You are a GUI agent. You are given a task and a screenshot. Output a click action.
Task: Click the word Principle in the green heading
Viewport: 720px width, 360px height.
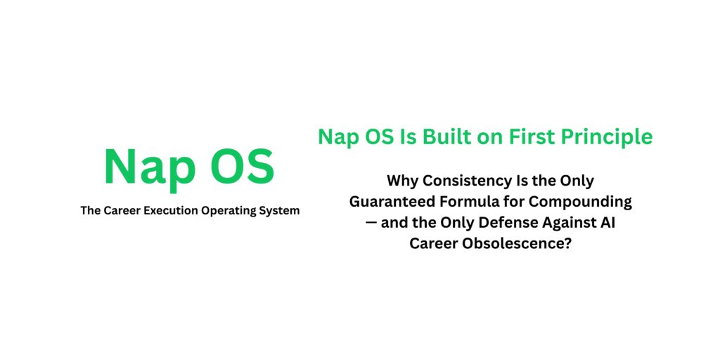click(x=612, y=138)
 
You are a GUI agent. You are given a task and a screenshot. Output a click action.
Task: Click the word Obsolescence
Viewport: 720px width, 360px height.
click(x=515, y=243)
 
